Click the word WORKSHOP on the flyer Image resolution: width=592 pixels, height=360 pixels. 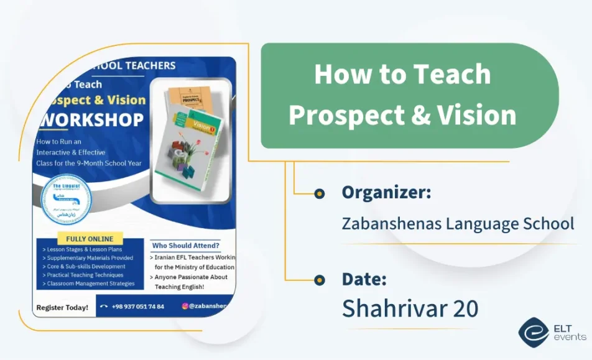91,119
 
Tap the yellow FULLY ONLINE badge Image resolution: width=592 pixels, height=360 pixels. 90,239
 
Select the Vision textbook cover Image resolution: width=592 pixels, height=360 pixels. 187,155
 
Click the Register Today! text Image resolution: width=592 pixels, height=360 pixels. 62,307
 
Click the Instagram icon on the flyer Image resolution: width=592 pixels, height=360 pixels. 185,306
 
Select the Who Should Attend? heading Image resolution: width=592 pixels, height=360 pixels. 185,245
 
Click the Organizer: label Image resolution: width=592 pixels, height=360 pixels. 386,193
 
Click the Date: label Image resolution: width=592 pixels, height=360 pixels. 364,279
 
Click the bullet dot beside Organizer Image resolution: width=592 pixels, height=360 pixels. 320,193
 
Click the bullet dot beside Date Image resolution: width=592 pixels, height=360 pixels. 320,279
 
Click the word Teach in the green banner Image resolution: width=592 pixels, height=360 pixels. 453,75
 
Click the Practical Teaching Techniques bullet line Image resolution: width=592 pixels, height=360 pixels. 84,275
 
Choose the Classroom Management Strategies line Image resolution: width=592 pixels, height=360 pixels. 90,284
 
